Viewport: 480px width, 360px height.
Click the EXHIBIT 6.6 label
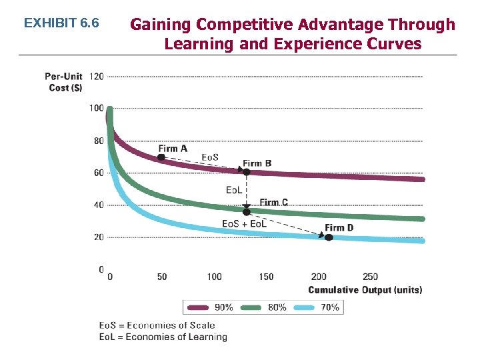61,23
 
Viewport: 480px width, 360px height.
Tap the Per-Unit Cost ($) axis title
64,82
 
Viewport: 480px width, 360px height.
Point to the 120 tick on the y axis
96,76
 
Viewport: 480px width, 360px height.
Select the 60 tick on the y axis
97,173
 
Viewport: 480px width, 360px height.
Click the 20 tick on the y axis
97,237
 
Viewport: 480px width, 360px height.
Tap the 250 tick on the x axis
370,277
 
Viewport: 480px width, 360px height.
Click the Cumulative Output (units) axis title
365,290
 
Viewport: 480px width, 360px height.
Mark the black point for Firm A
161,157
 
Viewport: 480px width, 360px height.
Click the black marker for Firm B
246,172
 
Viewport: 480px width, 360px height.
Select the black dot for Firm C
246,211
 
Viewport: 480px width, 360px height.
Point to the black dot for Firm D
328,237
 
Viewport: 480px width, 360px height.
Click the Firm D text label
339,228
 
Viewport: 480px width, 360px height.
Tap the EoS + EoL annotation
244,223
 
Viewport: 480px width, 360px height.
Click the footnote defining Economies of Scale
157,325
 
